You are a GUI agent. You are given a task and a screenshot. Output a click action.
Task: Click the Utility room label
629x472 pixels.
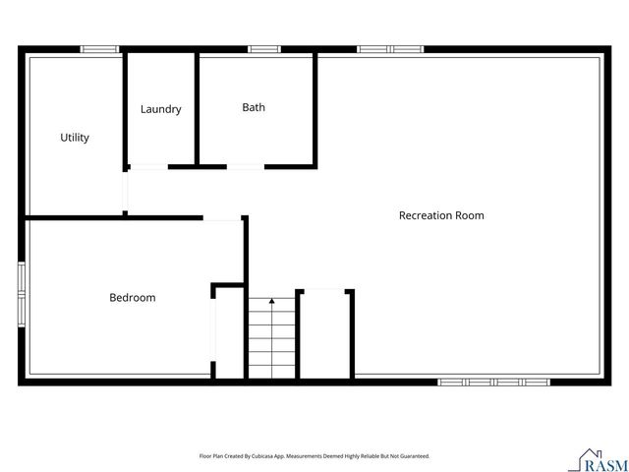tap(75, 138)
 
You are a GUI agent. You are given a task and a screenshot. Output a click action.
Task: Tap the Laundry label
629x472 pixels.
tap(160, 109)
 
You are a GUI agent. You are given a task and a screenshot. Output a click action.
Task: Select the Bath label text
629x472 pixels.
tap(254, 107)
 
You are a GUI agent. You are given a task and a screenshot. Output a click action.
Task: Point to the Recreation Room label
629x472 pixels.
tap(440, 214)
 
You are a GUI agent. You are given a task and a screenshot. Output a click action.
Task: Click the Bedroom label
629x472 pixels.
tap(132, 297)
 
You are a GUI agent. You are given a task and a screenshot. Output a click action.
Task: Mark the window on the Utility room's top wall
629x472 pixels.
tap(99, 48)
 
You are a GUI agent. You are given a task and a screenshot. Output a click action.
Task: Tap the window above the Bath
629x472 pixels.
tap(263, 48)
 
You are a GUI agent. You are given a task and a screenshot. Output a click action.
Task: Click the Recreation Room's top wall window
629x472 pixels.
tap(390, 48)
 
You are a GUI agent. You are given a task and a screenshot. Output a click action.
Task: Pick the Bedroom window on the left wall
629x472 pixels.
tap(22, 292)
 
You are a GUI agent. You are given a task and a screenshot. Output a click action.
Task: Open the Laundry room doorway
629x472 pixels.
tap(148, 167)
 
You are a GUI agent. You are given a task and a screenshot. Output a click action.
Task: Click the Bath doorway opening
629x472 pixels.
tap(246, 167)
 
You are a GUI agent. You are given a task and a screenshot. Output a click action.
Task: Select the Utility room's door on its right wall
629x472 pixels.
tap(125, 192)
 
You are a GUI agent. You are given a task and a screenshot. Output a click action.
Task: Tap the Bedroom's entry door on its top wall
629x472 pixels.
tap(223, 218)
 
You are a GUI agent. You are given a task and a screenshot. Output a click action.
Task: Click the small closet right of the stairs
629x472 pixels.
tap(325, 334)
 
